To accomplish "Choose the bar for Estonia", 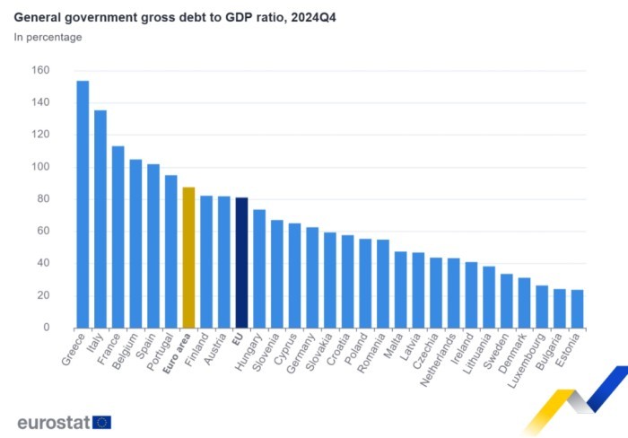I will pos(577,309).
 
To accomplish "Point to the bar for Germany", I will pos(312,277).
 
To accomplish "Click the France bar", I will pos(118,237).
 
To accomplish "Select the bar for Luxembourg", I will pos(542,307).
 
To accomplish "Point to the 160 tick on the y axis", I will pos(40,71).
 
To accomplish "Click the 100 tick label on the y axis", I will pos(40,167).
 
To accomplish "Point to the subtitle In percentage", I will pos(48,38).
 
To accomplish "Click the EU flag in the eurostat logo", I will pos(101,422).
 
